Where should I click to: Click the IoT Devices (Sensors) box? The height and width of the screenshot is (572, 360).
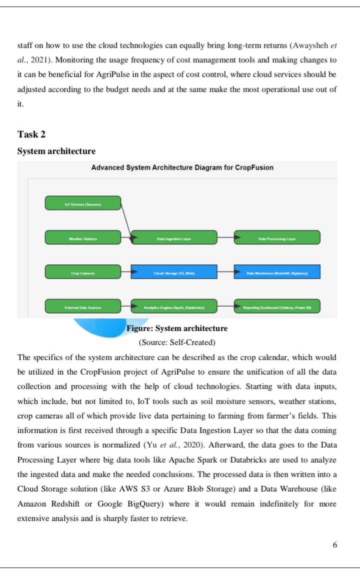point(83,203)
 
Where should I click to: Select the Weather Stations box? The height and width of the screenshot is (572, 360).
point(83,237)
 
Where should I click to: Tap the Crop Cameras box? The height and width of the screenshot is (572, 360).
point(83,272)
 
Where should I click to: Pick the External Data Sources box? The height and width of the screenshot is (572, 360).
point(83,306)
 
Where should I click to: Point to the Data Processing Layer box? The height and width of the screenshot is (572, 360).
point(277,237)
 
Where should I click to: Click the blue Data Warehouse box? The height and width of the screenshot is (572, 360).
point(277,272)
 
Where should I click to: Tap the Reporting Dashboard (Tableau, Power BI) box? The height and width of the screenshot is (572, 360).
point(277,306)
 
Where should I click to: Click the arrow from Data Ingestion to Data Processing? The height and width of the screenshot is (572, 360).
point(226,237)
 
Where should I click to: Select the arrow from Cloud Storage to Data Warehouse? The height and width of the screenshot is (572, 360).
point(226,272)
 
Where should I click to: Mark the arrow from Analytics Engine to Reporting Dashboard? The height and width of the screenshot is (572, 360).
point(226,306)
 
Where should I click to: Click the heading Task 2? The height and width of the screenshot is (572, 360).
point(31,134)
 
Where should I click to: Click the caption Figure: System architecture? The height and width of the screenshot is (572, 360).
point(177,328)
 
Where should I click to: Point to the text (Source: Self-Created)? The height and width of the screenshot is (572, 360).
point(177,342)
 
